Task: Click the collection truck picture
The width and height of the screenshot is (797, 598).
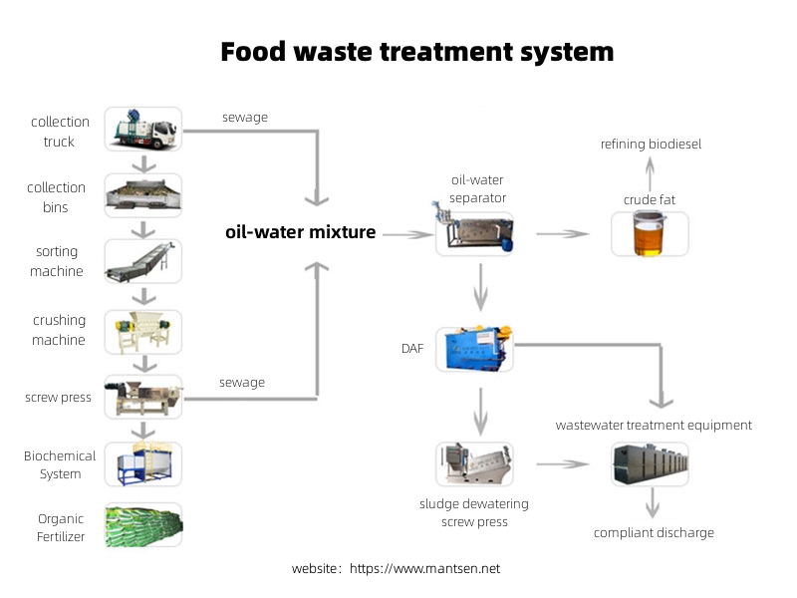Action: [143, 130]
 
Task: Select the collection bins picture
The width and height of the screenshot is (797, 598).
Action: [143, 195]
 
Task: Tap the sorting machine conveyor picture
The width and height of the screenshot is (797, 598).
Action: [143, 261]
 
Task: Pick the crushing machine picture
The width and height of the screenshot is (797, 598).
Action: [143, 332]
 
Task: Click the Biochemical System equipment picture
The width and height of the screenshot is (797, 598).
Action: [143, 464]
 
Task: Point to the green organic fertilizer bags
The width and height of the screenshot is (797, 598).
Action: [143, 525]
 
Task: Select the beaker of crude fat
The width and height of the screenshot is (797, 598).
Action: [650, 234]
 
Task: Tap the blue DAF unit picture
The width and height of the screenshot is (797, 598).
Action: [475, 349]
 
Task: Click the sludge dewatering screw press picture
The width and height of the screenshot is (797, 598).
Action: [475, 464]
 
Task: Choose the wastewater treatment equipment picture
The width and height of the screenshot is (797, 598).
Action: [651, 464]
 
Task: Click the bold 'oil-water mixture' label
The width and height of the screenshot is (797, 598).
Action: [301, 232]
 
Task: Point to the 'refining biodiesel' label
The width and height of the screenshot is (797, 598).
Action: [651, 144]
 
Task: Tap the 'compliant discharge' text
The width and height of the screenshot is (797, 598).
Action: [654, 533]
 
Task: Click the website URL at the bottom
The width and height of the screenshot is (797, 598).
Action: [425, 568]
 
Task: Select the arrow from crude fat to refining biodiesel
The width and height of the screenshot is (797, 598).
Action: [651, 173]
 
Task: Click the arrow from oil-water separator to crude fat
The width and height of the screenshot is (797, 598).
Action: [563, 234]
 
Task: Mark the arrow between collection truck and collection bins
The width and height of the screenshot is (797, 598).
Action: [143, 163]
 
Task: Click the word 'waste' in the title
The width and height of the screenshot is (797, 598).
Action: [333, 52]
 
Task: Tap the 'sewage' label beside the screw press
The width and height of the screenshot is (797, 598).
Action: [242, 383]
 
